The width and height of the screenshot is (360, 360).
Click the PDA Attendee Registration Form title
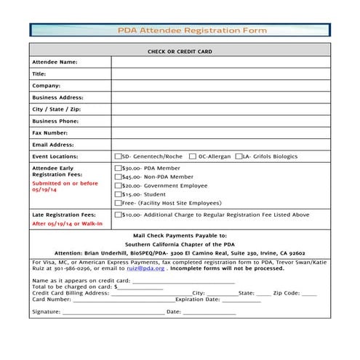coord(193,31)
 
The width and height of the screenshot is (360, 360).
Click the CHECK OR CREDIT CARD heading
coord(180,52)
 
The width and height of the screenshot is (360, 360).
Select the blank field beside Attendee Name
coord(220,63)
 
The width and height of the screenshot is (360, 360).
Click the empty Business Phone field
coord(220,121)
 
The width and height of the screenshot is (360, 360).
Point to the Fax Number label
coord(50,133)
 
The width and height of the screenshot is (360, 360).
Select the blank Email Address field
coord(220,145)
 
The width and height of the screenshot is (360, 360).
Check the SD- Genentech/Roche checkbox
coord(119,156)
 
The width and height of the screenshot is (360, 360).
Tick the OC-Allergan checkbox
coord(193,156)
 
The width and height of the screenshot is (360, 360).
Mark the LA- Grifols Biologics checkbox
coord(239,156)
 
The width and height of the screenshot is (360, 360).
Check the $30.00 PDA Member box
coord(119,168)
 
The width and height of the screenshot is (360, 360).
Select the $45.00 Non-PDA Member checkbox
coord(119,177)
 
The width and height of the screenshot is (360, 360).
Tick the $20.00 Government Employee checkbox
coord(119,185)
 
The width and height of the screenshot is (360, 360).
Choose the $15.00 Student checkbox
coord(119,194)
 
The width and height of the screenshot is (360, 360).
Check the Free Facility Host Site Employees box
coord(119,203)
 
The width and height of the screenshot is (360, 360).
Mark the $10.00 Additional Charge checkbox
coord(119,215)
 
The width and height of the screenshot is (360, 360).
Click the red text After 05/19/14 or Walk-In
coord(68,224)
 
